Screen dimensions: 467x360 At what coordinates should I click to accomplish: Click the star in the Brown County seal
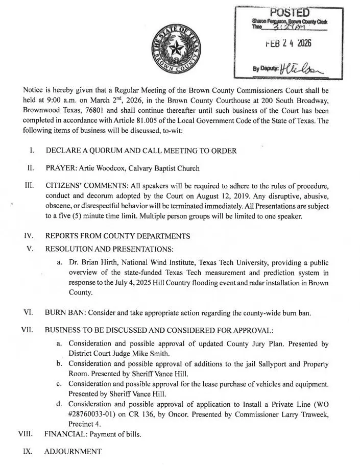pos(177,50)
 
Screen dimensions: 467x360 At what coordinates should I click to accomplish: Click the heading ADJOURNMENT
pos(73,451)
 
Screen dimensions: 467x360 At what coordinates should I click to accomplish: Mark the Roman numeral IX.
pos(29,451)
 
